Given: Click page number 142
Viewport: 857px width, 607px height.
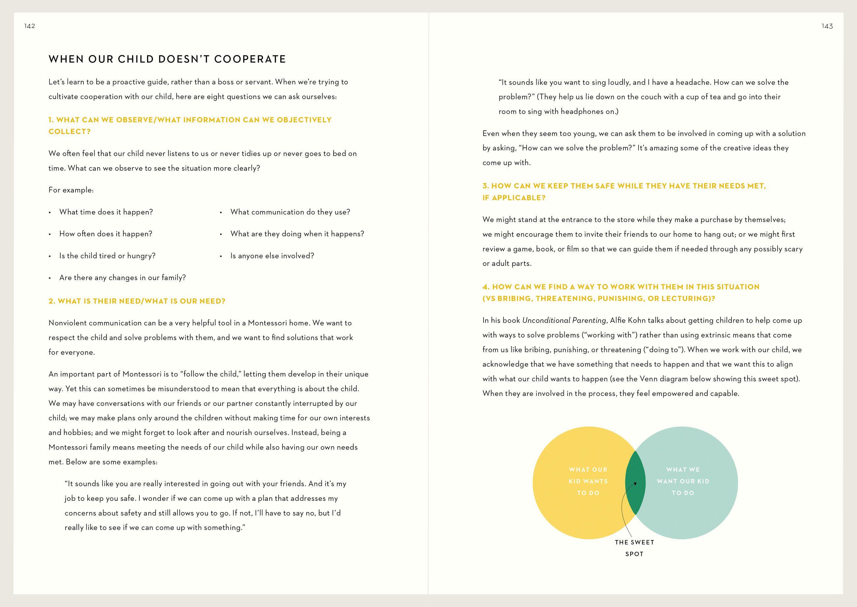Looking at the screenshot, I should (x=29, y=26).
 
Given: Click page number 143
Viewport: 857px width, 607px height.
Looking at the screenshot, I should (x=827, y=26).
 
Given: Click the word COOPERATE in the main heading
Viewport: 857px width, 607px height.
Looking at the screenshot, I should (x=250, y=59).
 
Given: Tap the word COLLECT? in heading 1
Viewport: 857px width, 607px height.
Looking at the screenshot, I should (x=70, y=132).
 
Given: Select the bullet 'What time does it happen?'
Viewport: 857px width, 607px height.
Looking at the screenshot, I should (x=106, y=212).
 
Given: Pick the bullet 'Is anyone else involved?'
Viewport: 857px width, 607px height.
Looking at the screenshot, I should (x=272, y=256).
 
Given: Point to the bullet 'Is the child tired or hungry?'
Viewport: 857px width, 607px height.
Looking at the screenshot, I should (x=107, y=256).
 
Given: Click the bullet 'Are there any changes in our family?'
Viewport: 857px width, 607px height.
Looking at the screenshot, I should (x=123, y=278).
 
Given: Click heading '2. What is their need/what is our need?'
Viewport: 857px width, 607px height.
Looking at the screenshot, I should (x=137, y=301).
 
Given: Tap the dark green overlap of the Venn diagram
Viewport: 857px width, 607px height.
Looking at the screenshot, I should (x=635, y=482).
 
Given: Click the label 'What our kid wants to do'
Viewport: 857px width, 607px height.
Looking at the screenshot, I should (x=588, y=481).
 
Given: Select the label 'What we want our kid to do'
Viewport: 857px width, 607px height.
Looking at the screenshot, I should (x=683, y=481).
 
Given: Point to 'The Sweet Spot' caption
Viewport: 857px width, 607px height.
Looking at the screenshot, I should (x=635, y=548).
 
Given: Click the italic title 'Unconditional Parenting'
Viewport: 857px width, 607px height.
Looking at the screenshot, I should (x=564, y=320).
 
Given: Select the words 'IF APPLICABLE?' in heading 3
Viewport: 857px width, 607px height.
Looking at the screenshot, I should (x=514, y=198).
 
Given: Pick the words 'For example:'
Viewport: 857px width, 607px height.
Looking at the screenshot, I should (x=71, y=190).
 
